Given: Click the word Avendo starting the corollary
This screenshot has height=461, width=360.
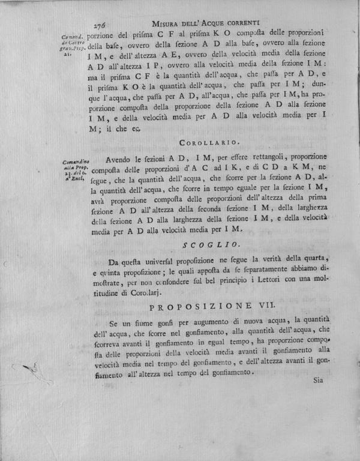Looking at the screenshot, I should pos(118,160).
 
